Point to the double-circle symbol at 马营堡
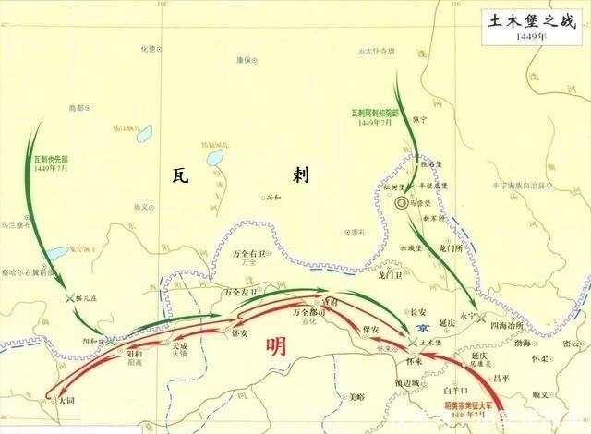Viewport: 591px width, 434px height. click(402, 201)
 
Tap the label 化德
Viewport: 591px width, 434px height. click(148, 48)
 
